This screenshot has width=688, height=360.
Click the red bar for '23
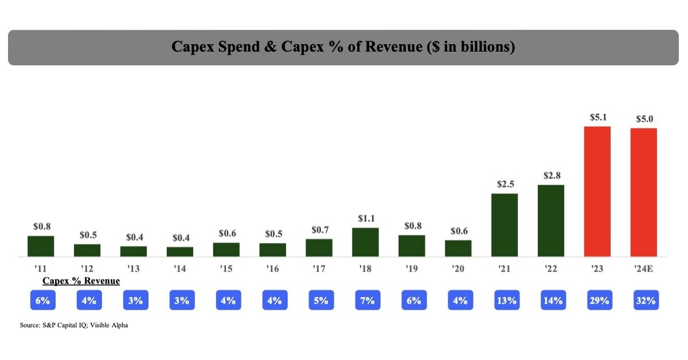(x=597, y=191)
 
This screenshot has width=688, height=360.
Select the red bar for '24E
(x=643, y=192)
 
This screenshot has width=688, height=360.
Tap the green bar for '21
(x=505, y=225)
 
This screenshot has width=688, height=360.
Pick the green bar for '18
(x=365, y=242)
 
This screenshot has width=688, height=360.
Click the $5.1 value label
(x=597, y=118)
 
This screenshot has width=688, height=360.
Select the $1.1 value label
(x=365, y=219)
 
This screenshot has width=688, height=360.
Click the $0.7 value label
(x=319, y=230)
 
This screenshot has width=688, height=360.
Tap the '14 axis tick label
(x=180, y=268)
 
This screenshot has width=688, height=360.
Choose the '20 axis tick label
(x=458, y=268)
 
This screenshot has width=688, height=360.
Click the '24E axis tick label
(x=644, y=268)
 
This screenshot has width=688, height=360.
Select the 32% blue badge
(x=644, y=300)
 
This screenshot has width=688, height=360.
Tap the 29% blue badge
(x=598, y=300)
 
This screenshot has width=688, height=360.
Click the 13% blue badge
(x=505, y=300)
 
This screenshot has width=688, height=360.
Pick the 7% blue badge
(x=366, y=300)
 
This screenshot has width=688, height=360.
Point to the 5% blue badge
(x=319, y=300)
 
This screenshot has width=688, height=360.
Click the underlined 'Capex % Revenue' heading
(x=81, y=281)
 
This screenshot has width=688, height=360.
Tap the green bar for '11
(x=41, y=246)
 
